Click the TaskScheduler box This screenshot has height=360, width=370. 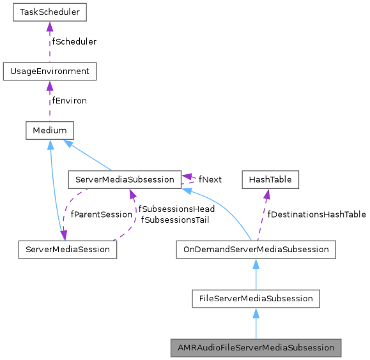[x=50, y=11]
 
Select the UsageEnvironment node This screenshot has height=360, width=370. [x=50, y=71]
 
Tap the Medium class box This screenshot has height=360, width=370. [x=50, y=130]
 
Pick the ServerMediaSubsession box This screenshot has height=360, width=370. [x=124, y=179]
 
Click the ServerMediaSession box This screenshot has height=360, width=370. [x=67, y=249]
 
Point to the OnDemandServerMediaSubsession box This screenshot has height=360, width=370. [x=256, y=249]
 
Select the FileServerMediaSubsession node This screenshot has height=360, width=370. [x=256, y=298]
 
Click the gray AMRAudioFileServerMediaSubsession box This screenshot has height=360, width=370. [x=256, y=348]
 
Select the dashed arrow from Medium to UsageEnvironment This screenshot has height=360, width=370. [x=50, y=102]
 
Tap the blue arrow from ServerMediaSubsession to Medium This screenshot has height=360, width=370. [x=89, y=156]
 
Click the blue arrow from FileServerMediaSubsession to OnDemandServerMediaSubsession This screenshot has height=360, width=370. [x=256, y=274]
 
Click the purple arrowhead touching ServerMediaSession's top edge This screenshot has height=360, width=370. [x=63, y=236]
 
